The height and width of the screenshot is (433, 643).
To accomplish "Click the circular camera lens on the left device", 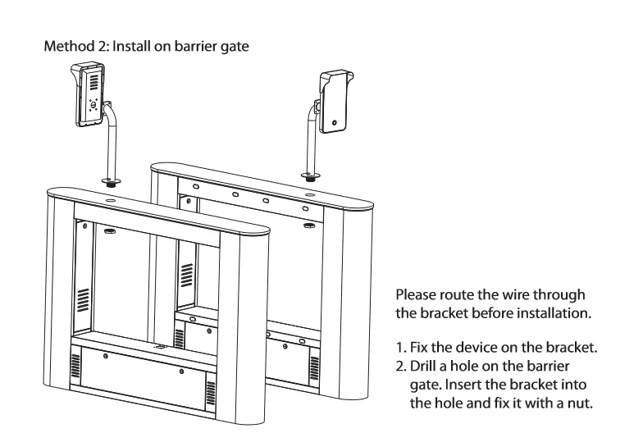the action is coord(93,105).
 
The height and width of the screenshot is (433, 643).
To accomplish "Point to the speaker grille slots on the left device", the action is coord(93,82).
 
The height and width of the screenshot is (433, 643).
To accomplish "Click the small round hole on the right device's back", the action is coord(335,123).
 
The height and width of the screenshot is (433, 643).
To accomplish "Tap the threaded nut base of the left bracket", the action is coord(111,182).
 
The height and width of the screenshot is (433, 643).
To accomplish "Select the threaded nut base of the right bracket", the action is coord(311,177).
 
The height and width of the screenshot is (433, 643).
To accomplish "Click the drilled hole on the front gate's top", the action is coord(111,201).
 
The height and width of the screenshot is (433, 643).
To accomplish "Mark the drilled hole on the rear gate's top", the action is coord(310,195).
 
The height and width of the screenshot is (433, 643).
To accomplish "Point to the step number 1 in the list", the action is coord(400,348).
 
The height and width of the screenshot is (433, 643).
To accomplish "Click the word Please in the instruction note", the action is coord(416,294).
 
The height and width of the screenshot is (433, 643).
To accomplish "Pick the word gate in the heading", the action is coord(235,46).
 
